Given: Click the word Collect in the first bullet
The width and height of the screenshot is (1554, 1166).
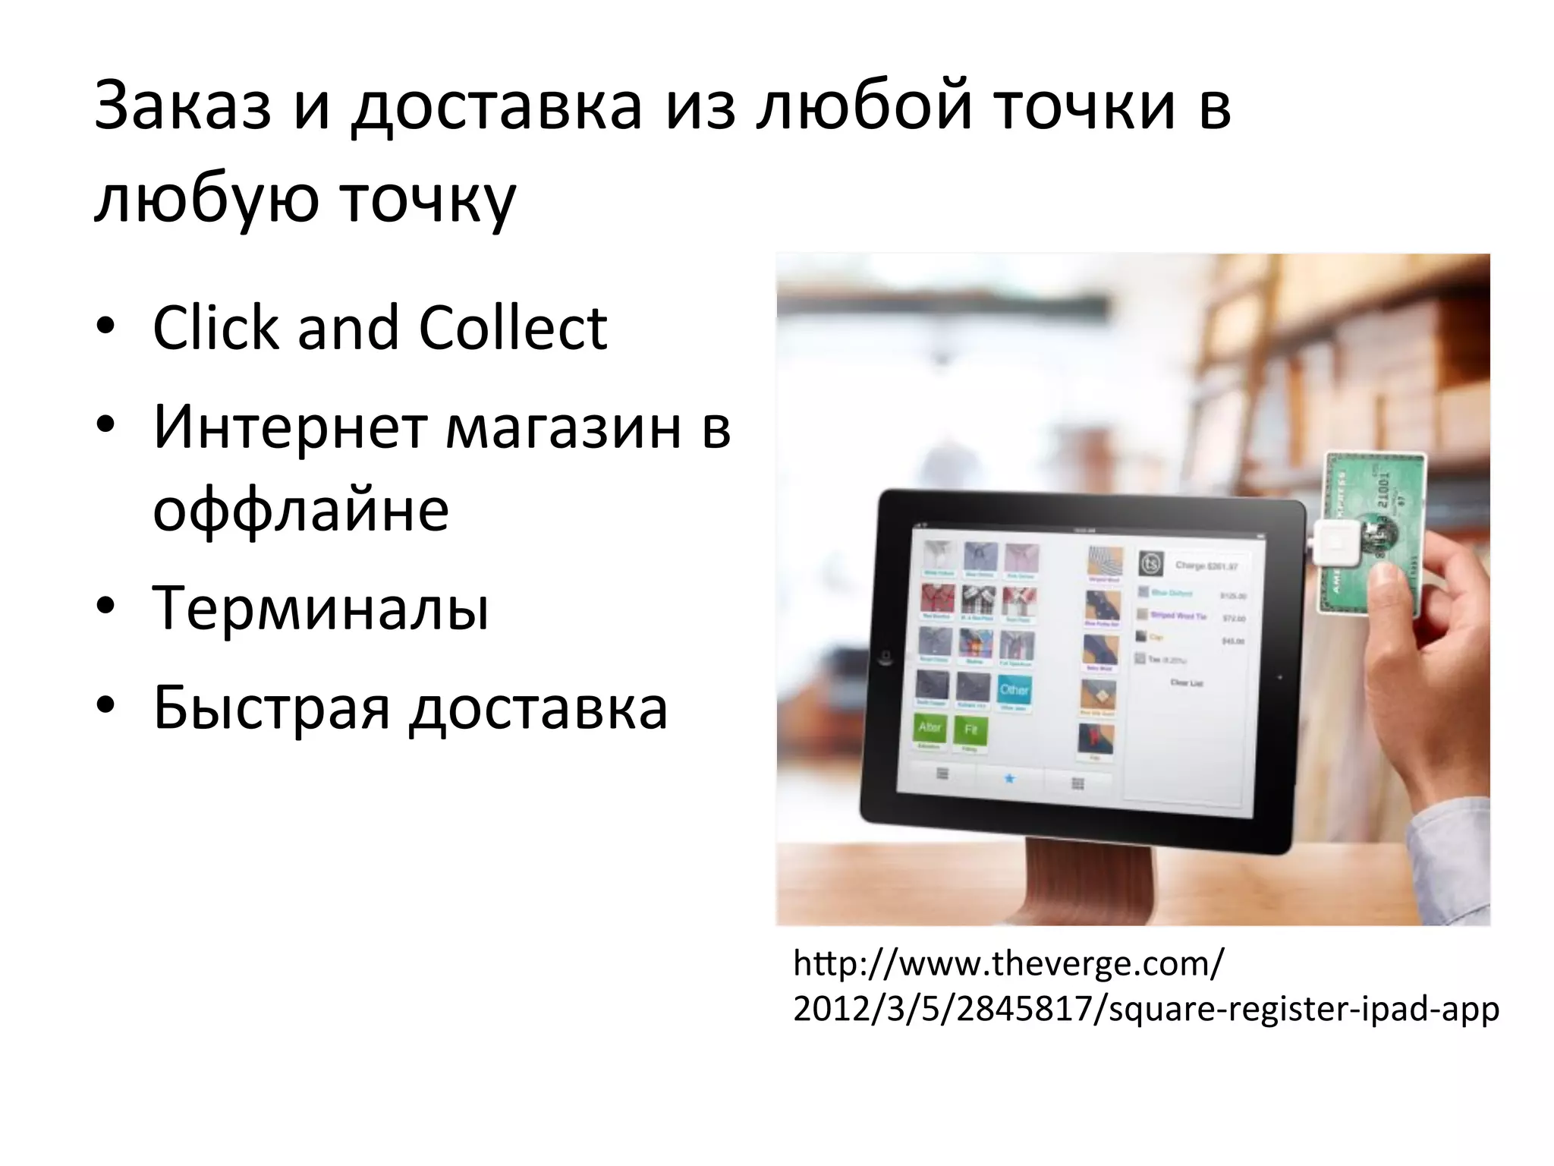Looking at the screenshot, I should point(513,329).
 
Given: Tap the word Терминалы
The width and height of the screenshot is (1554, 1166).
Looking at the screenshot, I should point(320,608).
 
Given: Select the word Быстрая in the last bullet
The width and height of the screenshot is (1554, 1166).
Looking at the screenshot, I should point(271,707).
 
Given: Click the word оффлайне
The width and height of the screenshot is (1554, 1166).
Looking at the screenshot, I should point(300,510).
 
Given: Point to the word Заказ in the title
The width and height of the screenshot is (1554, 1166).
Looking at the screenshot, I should point(182,106).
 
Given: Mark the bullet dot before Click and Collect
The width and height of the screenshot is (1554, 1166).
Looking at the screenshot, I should point(105,327).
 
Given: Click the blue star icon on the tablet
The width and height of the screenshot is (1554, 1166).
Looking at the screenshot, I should point(1009,778).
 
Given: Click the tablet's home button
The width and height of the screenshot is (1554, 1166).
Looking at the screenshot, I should point(884,657).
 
